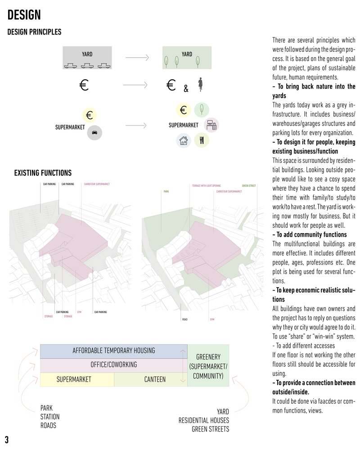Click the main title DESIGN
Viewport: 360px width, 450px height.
(x=24, y=15)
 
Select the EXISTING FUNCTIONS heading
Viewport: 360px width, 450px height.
(x=43, y=173)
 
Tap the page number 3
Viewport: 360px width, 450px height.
(x=7, y=439)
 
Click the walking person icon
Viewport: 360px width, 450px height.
(x=201, y=84)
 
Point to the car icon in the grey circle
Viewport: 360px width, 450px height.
(x=94, y=132)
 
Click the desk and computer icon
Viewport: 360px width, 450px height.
(x=211, y=125)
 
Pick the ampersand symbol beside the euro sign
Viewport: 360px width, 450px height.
(x=186, y=89)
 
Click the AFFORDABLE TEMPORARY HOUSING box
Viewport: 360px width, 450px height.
(x=113, y=351)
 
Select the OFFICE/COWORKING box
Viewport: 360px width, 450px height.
(x=113, y=364)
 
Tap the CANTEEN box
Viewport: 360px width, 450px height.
(x=155, y=379)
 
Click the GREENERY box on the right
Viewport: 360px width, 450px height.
(x=208, y=365)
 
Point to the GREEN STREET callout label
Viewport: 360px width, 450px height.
(x=249, y=185)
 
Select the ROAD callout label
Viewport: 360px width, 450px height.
(x=184, y=319)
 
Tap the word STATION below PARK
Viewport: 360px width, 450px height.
(x=50, y=417)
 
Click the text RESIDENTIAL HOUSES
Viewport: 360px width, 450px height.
(x=203, y=420)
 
